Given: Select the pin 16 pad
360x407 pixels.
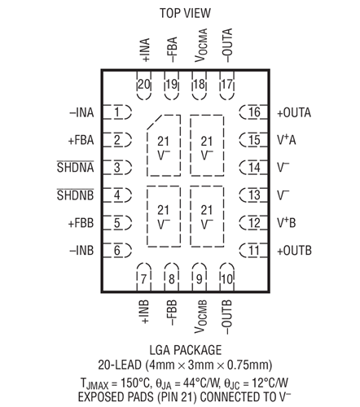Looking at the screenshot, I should click(253, 112).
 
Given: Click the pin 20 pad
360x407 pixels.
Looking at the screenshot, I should click(144, 84).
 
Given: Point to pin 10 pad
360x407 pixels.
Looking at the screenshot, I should click(226, 279).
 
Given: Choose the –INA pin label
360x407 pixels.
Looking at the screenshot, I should click(81, 112).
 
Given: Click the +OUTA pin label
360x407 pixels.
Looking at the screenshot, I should click(294, 112).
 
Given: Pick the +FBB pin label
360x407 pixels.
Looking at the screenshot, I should click(81, 222).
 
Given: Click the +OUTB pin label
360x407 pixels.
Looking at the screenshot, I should click(294, 250).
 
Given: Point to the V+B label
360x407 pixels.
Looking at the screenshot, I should click(286, 222).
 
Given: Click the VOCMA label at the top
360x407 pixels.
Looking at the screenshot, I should click(199, 47).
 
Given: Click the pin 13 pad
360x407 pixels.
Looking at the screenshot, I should click(253, 195).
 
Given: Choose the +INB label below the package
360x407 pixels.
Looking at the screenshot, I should click(144, 309).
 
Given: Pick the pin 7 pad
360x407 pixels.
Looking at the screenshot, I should click(144, 279).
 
